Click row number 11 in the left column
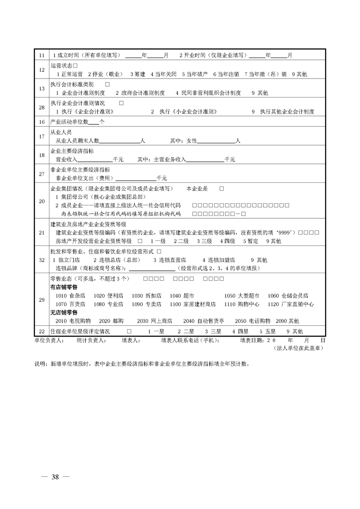[x=42, y=55]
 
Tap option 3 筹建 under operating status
[x=137, y=73]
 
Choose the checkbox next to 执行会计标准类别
[x=108, y=85]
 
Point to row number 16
[x=42, y=122]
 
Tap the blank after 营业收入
[x=95, y=160]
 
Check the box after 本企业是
[x=222, y=188]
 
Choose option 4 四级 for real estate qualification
[x=227, y=241]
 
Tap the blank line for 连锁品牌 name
[x=153, y=268]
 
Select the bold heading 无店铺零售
[x=64, y=313]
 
